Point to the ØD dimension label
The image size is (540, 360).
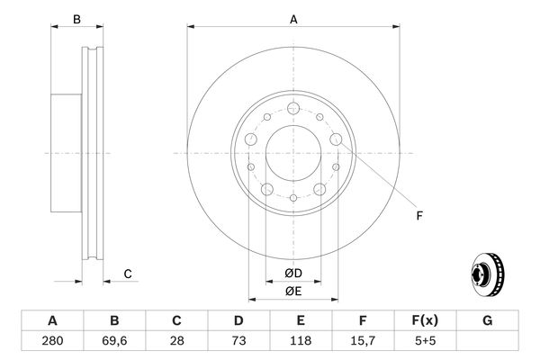[292, 272]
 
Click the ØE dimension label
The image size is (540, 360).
[292, 291]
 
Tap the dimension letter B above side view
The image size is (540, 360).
[76, 19]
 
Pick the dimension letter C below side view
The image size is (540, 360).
[128, 274]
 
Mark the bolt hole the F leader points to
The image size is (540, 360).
[337, 139]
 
